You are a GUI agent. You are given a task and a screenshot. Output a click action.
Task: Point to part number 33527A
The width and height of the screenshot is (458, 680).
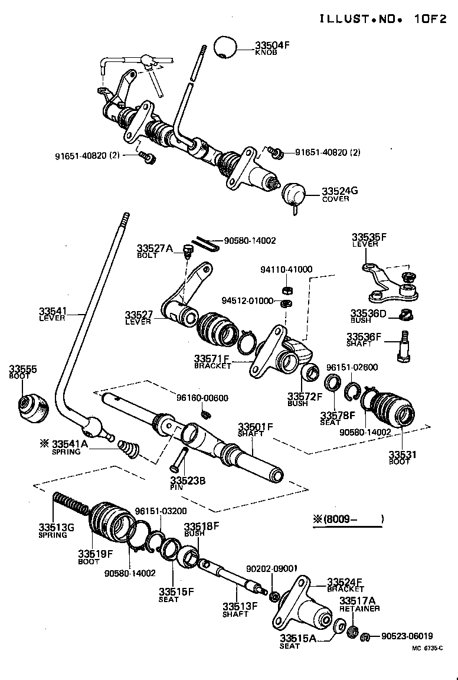point(155,249)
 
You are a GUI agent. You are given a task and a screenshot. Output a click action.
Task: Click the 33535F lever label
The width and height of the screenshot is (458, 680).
point(369,237)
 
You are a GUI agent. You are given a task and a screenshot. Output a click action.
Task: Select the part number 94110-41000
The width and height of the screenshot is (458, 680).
point(286,269)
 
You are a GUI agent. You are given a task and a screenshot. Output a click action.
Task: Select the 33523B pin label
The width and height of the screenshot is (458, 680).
point(187,480)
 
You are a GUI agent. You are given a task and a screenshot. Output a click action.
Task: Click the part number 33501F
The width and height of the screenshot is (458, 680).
point(256,427)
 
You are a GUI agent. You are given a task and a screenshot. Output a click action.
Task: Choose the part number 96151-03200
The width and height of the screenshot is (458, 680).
point(161,511)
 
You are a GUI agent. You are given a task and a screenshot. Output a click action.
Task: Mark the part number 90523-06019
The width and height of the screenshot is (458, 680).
point(407,636)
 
